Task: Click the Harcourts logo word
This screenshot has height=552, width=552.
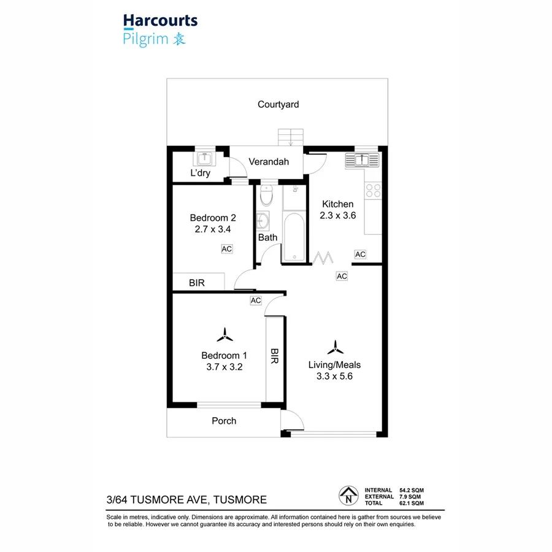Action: click(160, 21)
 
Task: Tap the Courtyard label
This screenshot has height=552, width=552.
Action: click(278, 104)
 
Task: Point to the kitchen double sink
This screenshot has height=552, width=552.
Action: click(362, 160)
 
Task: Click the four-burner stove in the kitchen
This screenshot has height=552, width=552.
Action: click(372, 191)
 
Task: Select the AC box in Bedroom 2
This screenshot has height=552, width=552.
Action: click(226, 249)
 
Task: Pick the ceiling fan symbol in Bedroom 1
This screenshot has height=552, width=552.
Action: click(224, 335)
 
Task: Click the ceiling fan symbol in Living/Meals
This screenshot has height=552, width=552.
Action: click(334, 348)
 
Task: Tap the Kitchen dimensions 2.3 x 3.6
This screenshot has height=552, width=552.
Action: click(337, 215)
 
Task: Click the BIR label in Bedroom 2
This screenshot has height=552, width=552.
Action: click(196, 283)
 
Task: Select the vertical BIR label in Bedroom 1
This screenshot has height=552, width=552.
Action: click(274, 356)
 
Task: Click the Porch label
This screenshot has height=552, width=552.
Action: click(224, 421)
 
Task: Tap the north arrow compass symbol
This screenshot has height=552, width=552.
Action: click(348, 494)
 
